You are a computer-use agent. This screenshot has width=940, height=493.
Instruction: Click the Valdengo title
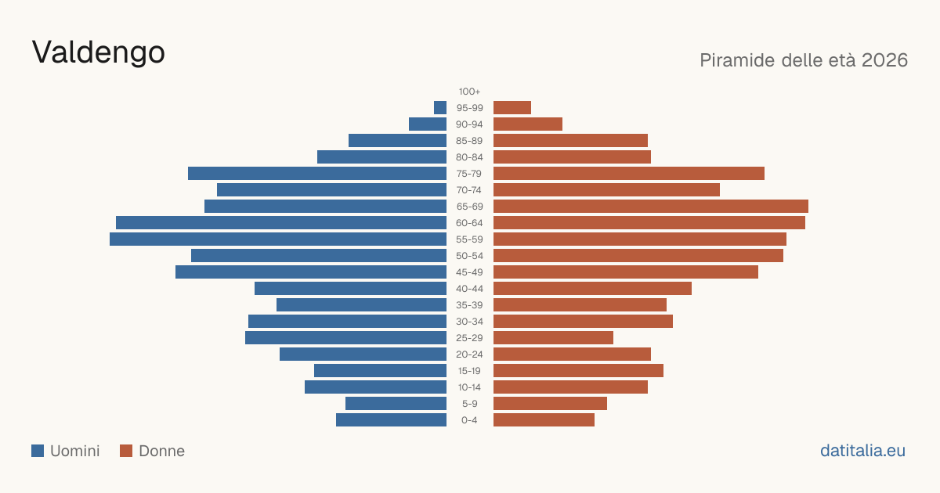tap(98, 52)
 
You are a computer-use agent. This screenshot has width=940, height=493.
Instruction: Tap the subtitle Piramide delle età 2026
tap(804, 60)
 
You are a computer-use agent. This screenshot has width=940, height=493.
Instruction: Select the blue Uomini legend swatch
tap(38, 451)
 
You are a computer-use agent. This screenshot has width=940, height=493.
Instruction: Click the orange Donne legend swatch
tap(126, 451)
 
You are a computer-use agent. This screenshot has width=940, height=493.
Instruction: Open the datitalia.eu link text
tap(862, 451)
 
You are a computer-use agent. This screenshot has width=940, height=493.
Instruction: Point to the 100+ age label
tap(469, 92)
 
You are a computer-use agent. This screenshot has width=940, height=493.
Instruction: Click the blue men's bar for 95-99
tap(440, 108)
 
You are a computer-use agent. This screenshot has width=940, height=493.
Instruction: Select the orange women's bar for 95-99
tap(512, 108)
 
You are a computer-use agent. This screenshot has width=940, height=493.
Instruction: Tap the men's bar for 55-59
tap(278, 239)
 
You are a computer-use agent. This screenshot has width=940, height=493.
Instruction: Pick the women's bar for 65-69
tap(651, 207)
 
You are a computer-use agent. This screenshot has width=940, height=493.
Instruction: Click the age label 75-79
tap(469, 174)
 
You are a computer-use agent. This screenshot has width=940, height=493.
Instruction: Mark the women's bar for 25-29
tap(554, 338)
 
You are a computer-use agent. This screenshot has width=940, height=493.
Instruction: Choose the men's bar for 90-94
tap(428, 124)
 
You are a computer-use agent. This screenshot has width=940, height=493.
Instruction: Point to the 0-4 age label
tap(469, 420)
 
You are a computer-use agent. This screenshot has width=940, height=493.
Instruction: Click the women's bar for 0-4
tap(544, 420)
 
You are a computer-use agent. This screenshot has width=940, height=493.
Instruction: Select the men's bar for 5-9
tap(396, 404)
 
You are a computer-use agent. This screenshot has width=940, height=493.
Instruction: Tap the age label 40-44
tap(469, 289)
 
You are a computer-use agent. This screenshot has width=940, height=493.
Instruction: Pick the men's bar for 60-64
tap(281, 222)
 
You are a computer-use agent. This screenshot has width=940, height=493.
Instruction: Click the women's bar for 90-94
tap(528, 124)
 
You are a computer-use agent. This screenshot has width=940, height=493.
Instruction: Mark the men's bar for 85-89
tap(397, 140)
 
